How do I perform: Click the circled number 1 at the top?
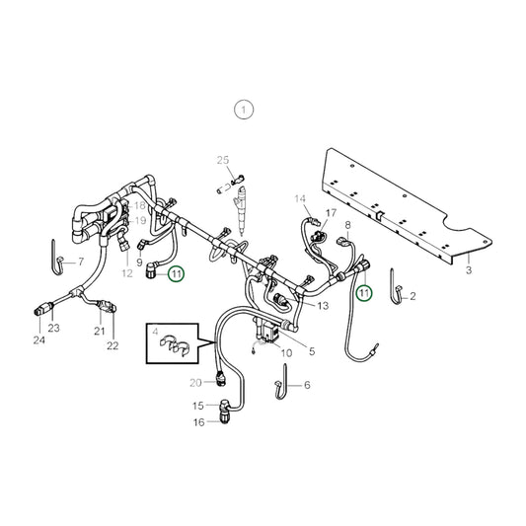coord(244,109)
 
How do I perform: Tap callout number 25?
coord(223,160)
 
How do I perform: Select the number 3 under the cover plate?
coord(469,269)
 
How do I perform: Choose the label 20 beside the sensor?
coord(195,382)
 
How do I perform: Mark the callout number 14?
coord(300,198)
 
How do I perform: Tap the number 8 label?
coord(348,226)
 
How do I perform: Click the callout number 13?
coord(323,306)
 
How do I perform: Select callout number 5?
coord(312,350)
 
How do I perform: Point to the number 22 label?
coord(113,345)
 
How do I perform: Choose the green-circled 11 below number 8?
coord(364,293)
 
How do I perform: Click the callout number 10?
coord(287,352)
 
